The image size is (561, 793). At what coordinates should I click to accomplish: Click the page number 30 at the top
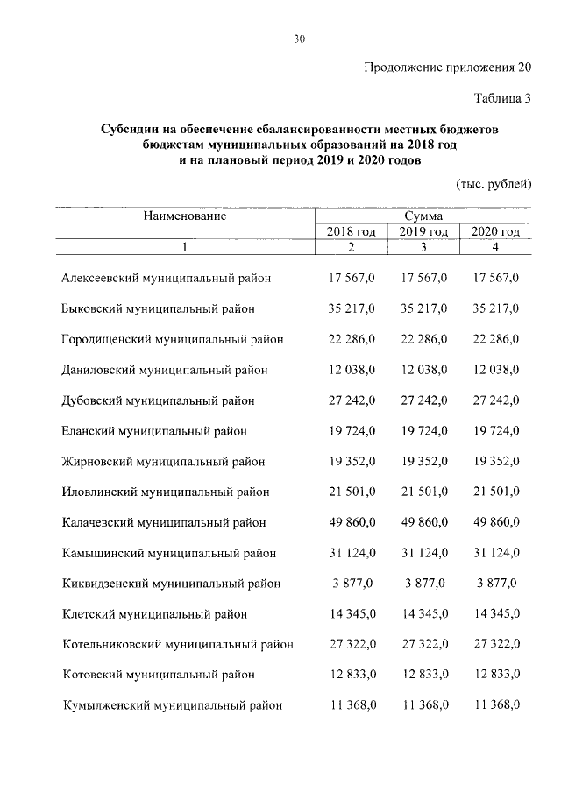pyautogui.click(x=299, y=39)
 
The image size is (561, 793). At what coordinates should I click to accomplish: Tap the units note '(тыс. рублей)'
pyautogui.click(x=494, y=184)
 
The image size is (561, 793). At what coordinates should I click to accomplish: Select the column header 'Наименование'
pyautogui.click(x=185, y=216)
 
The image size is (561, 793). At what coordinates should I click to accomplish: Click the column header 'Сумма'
pyautogui.click(x=423, y=216)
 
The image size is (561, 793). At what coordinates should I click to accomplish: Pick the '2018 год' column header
pyautogui.click(x=351, y=231)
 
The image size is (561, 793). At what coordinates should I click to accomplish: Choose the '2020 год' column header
pyautogui.click(x=495, y=231)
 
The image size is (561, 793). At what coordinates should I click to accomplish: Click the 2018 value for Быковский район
pyautogui.click(x=352, y=308)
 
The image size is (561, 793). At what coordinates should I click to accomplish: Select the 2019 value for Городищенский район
pyautogui.click(x=423, y=339)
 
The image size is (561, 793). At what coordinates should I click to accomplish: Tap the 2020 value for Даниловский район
pyautogui.click(x=495, y=370)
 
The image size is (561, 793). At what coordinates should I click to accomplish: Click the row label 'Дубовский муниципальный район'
pyautogui.click(x=158, y=400)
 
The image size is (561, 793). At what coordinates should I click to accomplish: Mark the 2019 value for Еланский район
pyautogui.click(x=423, y=431)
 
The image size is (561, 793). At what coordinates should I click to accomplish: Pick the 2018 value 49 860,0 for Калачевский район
pyautogui.click(x=352, y=522)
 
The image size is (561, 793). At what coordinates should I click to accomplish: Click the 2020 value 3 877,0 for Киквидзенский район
pyautogui.click(x=495, y=583)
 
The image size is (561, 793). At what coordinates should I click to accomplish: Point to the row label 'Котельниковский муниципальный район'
pyautogui.click(x=178, y=644)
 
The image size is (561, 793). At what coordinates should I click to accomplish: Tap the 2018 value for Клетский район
pyautogui.click(x=352, y=613)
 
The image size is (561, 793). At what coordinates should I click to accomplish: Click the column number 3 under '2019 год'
pyautogui.click(x=423, y=248)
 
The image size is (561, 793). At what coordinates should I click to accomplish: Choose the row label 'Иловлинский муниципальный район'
pyautogui.click(x=165, y=492)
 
